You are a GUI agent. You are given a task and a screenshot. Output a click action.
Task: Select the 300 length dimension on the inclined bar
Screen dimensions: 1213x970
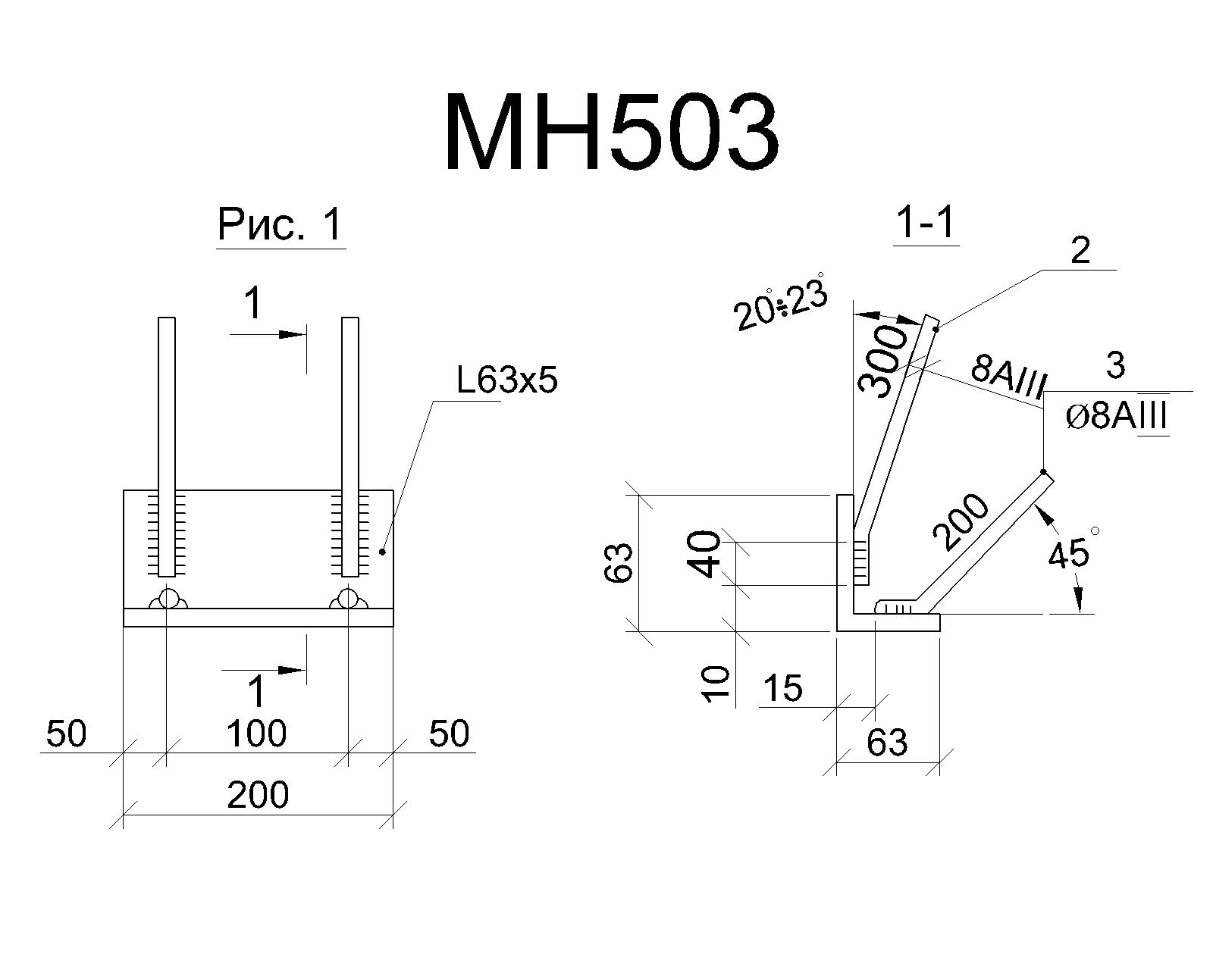[x=882, y=361]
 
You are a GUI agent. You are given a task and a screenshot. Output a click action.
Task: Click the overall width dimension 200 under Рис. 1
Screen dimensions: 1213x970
[x=258, y=794]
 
